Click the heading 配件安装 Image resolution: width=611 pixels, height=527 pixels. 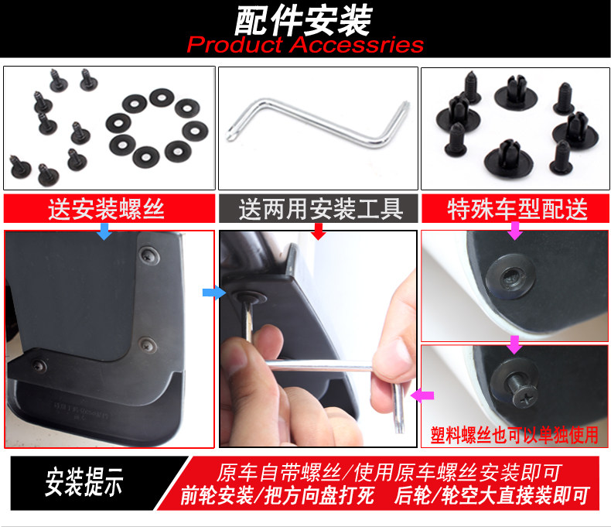(303, 20)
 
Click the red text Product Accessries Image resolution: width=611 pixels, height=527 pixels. (305, 44)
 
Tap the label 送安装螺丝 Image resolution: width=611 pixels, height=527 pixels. (106, 209)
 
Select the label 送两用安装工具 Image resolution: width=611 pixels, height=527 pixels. (321, 209)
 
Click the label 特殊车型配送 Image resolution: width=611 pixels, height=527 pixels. (517, 209)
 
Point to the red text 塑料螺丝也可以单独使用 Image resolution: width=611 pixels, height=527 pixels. (514, 435)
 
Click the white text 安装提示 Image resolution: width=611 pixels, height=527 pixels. (84, 482)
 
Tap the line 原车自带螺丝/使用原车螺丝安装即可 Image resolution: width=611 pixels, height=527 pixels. (389, 473)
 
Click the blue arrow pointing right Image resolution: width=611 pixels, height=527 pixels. (214, 293)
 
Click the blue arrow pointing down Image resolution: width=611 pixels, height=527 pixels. (104, 231)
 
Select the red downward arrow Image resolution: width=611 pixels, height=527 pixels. (319, 231)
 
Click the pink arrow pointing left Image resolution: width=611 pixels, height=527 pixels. (422, 395)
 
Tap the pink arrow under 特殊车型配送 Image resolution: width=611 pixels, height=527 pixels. (515, 231)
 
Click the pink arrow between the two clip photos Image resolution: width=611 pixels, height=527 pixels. (514, 345)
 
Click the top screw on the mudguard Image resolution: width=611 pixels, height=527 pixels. (148, 255)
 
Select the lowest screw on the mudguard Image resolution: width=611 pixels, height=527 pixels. (39, 365)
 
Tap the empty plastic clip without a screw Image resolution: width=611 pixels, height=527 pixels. (510, 277)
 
